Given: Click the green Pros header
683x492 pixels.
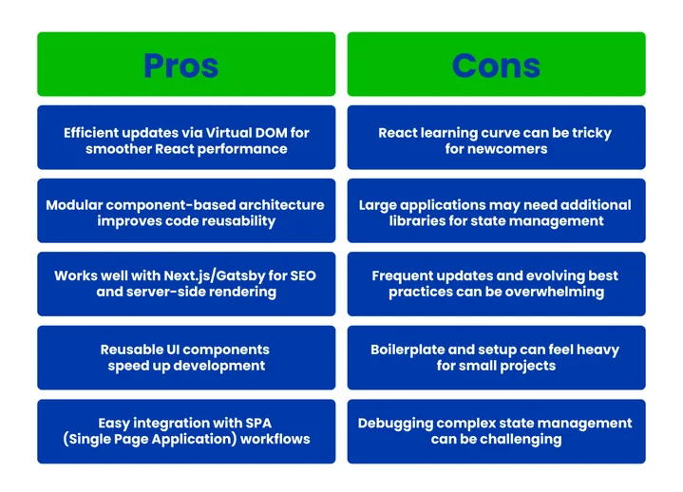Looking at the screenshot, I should coord(186,65).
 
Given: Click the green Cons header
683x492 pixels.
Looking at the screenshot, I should coord(496,65).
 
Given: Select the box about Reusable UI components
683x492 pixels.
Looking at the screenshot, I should coord(186,357).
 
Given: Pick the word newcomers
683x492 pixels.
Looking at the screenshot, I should coord(509,149).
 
